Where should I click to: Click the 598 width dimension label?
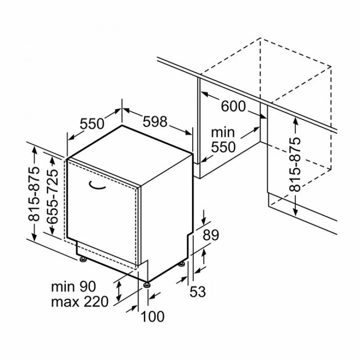tap(155, 121)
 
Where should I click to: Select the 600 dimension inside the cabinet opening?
tap(233, 106)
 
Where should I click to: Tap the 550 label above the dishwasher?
tap(92, 124)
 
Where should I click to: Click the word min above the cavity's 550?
tap(223, 132)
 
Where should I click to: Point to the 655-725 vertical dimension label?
tap(52, 197)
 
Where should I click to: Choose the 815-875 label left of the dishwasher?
tap(34, 194)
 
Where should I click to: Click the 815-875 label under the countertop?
tap(295, 164)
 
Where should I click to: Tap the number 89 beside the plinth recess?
tap(211, 235)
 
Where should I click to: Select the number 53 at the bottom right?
tap(198, 292)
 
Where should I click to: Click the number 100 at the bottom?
tap(153, 316)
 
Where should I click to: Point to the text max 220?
tap(80, 301)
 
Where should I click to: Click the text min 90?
tap(73, 287)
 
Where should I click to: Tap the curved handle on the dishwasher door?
tap(97, 186)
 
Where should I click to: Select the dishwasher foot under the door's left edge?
tap(83, 260)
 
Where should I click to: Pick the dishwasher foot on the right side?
tap(182, 264)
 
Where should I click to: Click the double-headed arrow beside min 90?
tap(119, 291)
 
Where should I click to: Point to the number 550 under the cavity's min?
tap(223, 147)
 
